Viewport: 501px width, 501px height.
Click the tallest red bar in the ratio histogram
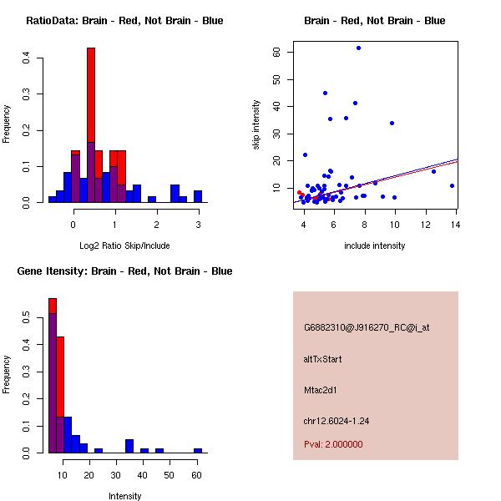pyautogui.click(x=91, y=125)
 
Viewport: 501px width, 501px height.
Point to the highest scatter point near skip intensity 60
pyautogui.click(x=358, y=48)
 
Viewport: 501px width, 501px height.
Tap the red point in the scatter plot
pyautogui.click(x=300, y=193)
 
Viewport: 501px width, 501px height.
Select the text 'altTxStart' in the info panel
pyautogui.click(x=323, y=359)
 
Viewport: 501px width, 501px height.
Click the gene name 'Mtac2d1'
pyautogui.click(x=321, y=390)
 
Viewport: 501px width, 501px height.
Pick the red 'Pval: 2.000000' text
pyautogui.click(x=333, y=445)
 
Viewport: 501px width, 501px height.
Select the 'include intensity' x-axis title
pyautogui.click(x=375, y=245)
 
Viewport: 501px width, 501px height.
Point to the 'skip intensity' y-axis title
pyautogui.click(x=256, y=125)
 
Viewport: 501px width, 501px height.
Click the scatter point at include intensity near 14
pyautogui.click(x=452, y=185)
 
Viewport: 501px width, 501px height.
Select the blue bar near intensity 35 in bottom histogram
pyautogui.click(x=129, y=446)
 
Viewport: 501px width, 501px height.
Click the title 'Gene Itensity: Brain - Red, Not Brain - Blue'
pyautogui.click(x=124, y=271)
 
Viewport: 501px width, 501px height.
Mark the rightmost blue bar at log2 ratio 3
pyautogui.click(x=198, y=197)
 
